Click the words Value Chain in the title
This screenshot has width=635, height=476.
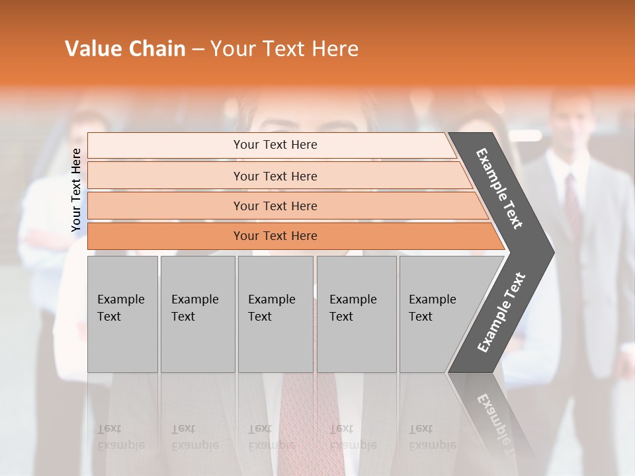(125, 49)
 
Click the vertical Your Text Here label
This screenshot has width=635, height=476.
(76, 190)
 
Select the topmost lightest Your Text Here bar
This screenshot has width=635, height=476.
(275, 145)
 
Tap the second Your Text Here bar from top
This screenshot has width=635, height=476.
(275, 176)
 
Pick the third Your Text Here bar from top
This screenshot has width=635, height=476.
(275, 206)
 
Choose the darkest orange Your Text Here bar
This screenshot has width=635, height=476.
(275, 236)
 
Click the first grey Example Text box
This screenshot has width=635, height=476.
(122, 314)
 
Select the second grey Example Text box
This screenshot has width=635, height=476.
(197, 314)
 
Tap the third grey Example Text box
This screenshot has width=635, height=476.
(275, 314)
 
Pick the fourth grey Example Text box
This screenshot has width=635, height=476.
(356, 314)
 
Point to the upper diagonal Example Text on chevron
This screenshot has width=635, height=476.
(499, 188)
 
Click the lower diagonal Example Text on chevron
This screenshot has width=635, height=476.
(501, 313)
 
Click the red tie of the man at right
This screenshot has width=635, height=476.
(572, 198)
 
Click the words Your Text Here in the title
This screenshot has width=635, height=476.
(284, 49)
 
